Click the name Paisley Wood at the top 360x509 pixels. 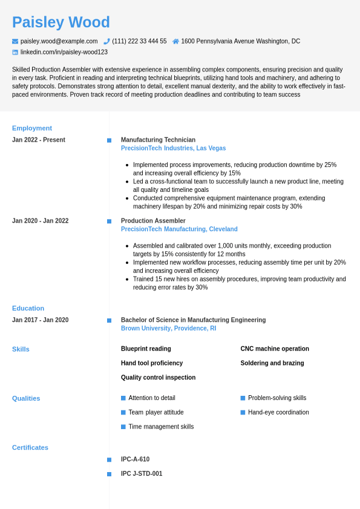tap(61, 22)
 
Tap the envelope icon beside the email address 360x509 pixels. tap(15, 41)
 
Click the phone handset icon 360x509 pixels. tap(106, 41)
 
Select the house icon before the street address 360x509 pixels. tap(175, 41)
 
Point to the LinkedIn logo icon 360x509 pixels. tap(15, 53)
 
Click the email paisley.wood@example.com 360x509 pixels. tap(59, 41)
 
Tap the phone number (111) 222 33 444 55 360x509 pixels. tap(139, 41)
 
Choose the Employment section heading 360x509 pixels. tap(32, 128)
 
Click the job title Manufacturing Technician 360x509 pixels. tap(158, 140)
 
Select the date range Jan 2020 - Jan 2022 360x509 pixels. tap(40, 221)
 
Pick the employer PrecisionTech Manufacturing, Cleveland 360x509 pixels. tap(179, 229)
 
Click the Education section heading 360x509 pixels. tap(28, 308)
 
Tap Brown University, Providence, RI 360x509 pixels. tap(168, 329)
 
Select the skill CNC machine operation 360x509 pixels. tap(275, 349)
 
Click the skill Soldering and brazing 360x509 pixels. tap(272, 363)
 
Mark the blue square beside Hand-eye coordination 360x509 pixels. tap(243, 412)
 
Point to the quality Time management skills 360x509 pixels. tap(161, 427)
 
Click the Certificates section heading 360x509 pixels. tap(30, 448)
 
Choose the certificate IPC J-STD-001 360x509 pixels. tap(142, 474)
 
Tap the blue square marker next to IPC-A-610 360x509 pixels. tap(109, 459)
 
